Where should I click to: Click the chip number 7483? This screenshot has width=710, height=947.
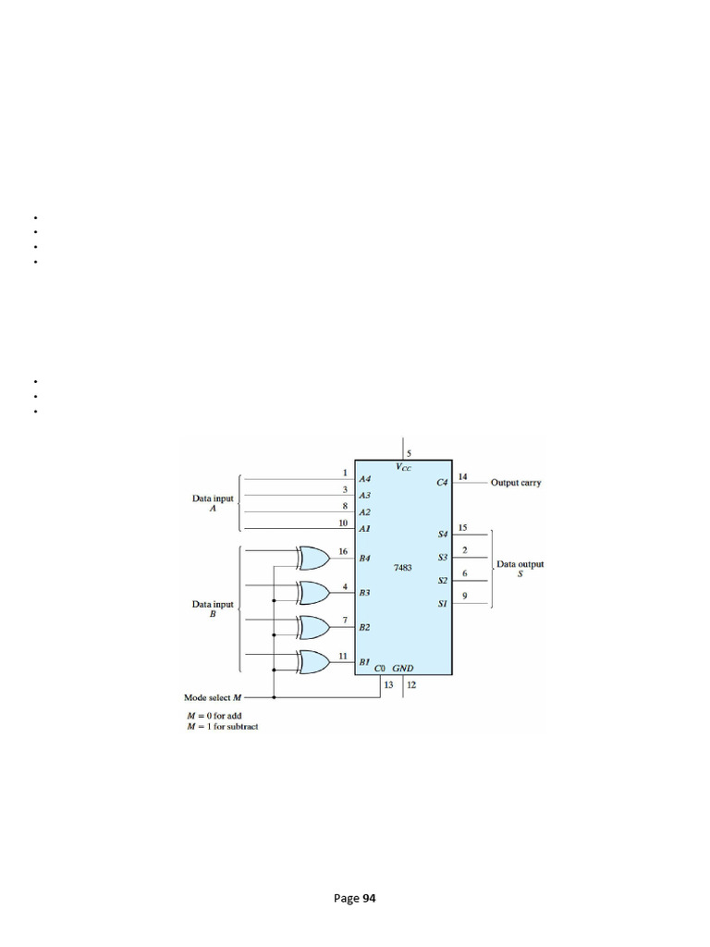coord(403,569)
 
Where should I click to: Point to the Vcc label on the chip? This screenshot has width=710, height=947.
coord(405,468)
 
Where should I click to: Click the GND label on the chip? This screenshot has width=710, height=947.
coord(403,667)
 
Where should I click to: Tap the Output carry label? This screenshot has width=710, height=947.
coord(516,483)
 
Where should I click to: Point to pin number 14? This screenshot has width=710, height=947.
coord(463,477)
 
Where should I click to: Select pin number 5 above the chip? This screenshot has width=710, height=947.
coord(410,452)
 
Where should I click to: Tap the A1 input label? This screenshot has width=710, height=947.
coord(364,528)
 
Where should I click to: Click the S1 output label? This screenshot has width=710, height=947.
coord(442,604)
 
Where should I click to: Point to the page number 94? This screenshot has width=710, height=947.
coord(355,898)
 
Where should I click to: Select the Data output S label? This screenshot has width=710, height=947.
coord(520,569)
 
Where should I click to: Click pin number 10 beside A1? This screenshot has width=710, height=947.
coord(343,523)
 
